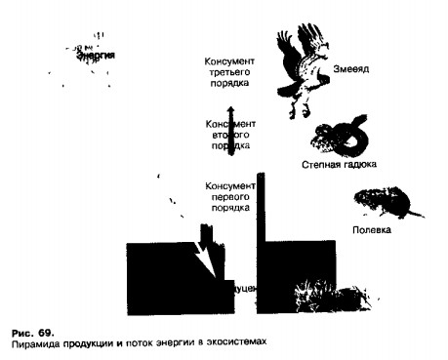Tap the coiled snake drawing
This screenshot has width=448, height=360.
pyautogui.click(x=343, y=137)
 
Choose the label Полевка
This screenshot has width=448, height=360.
pyautogui.click(x=371, y=231)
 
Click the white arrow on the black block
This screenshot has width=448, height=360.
pyautogui.click(x=207, y=253)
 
